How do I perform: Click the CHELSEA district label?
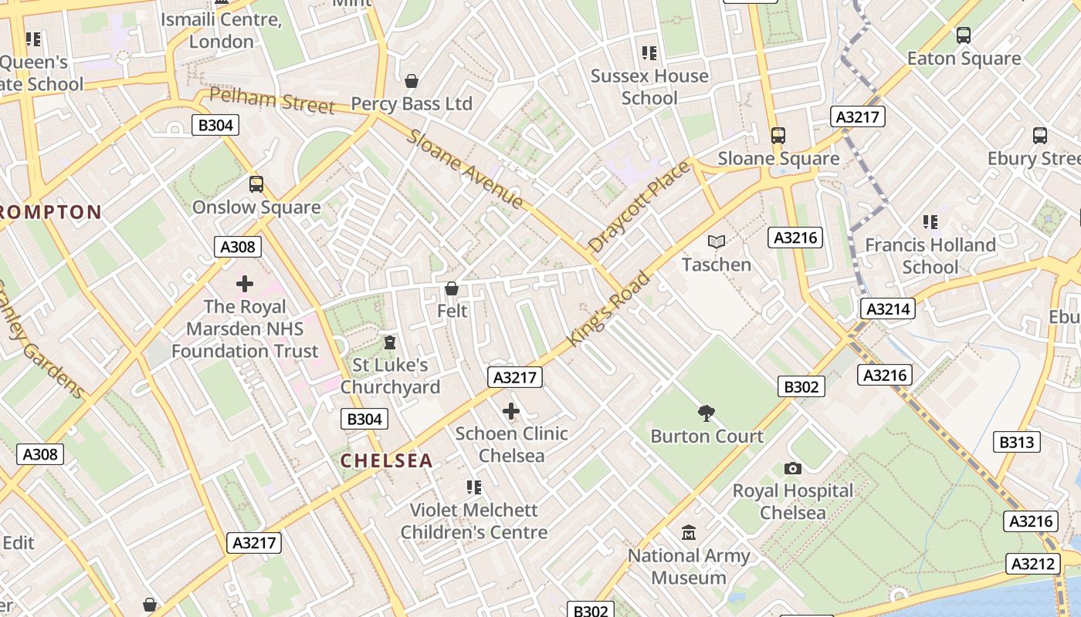[x=386, y=461]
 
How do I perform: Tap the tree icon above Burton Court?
[x=706, y=413]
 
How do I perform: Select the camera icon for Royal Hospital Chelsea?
[x=792, y=468]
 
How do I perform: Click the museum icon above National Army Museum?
[x=688, y=533]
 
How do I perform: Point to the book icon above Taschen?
[x=717, y=242]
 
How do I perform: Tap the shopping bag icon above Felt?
[x=452, y=288]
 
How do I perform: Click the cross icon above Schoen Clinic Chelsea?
[x=510, y=411]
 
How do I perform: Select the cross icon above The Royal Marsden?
[x=245, y=284]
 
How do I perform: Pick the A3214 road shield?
[x=888, y=309]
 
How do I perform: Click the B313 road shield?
[x=1016, y=442]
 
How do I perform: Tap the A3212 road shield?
[x=1033, y=564]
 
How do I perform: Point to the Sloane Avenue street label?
[x=466, y=168]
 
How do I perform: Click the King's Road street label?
[x=609, y=308]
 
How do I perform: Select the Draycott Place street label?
[x=639, y=207]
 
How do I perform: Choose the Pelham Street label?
[x=272, y=101]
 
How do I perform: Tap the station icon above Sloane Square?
[x=778, y=136]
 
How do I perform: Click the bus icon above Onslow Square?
[x=256, y=184]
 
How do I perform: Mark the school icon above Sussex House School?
[x=649, y=53]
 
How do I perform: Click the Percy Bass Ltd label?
[x=412, y=103]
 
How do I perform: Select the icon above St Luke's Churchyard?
[x=390, y=342]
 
